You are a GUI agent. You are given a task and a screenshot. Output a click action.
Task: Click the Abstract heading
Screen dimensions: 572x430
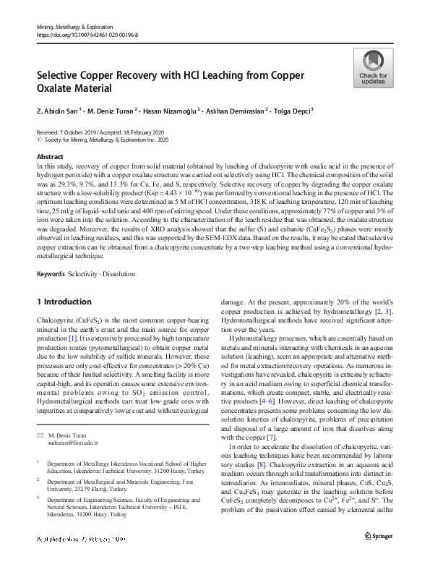[x=49, y=156]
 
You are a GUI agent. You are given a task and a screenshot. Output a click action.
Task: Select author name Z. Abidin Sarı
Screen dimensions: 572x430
[x=57, y=111]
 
